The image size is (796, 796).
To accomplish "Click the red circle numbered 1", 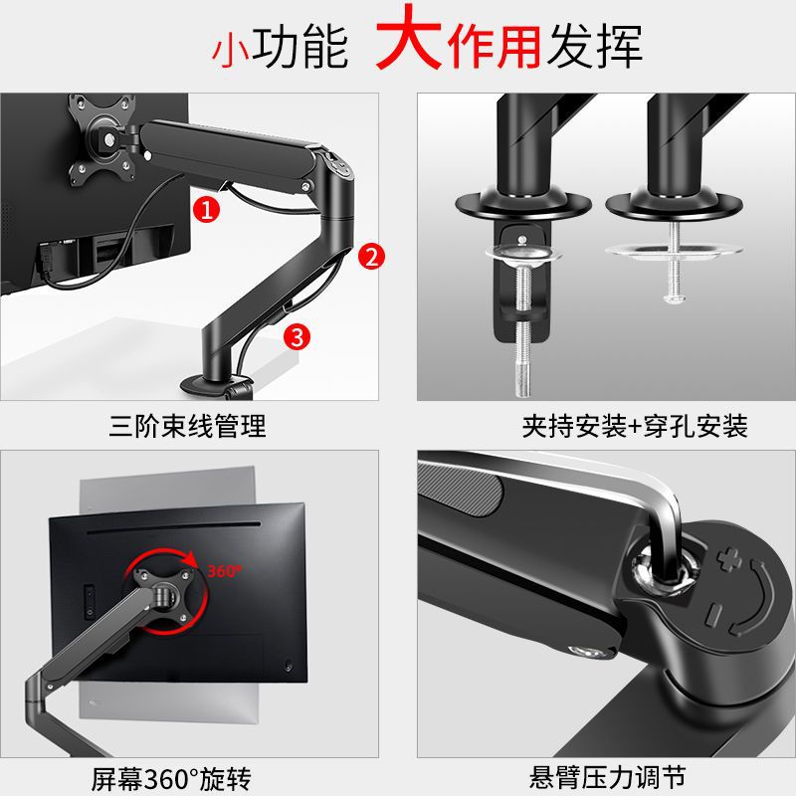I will tap(205, 210).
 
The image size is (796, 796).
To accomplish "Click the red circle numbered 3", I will tap(294, 335).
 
